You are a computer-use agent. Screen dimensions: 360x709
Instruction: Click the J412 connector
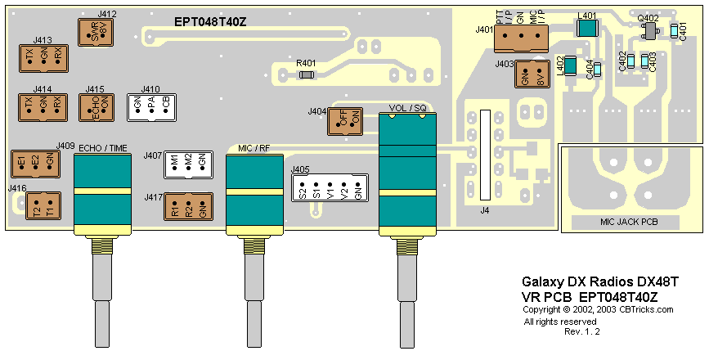pyautogui.click(x=96, y=33)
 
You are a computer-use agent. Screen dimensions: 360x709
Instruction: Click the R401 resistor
pyautogui.click(x=307, y=74)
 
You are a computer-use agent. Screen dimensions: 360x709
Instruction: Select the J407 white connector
pyautogui.click(x=188, y=164)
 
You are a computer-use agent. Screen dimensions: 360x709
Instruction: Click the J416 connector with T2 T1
pyautogui.click(x=43, y=206)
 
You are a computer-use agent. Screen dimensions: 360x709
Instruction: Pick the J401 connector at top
pyautogui.click(x=520, y=43)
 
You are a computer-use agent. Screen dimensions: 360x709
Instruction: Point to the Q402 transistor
pyautogui.click(x=650, y=31)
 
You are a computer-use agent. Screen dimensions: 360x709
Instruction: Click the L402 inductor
pyautogui.click(x=572, y=65)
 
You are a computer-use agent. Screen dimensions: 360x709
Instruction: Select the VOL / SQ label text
pyautogui.click(x=409, y=108)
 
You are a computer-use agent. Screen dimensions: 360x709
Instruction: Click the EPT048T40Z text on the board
pyautogui.click(x=211, y=21)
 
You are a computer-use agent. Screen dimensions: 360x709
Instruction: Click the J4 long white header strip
pyautogui.click(x=485, y=155)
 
